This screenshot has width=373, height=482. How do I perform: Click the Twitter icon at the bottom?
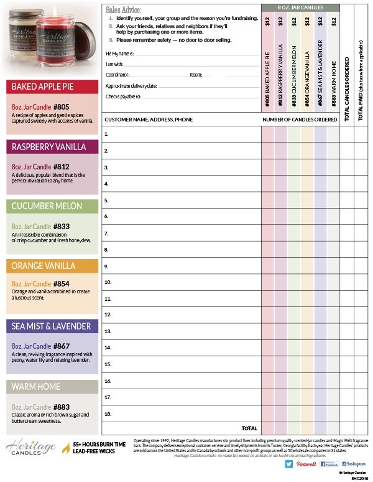(289, 464)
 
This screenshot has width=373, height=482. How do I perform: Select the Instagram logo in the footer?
(352, 464)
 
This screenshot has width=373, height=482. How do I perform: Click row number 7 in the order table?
(107, 233)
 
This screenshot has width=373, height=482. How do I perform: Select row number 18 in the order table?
(108, 412)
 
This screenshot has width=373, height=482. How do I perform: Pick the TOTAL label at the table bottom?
(249, 428)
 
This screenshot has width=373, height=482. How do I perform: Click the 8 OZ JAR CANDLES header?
(301, 7)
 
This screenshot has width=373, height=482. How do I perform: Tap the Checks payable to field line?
(199, 98)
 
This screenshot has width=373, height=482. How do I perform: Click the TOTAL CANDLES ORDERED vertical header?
(348, 87)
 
